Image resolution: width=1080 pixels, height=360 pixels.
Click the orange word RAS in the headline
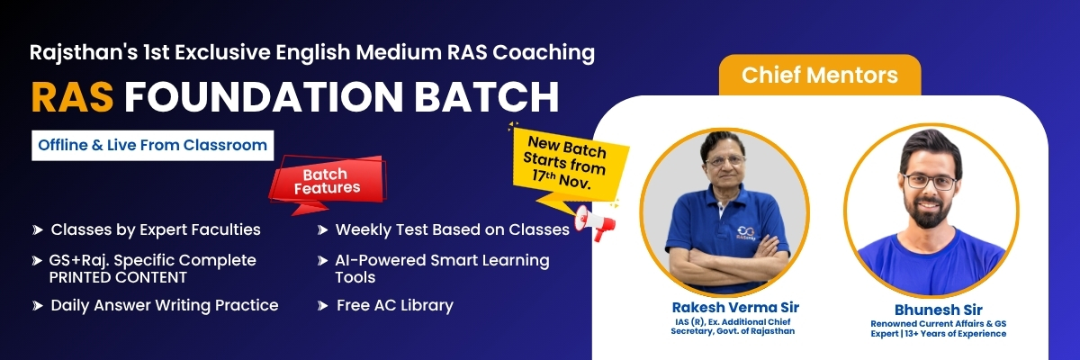coord(72,97)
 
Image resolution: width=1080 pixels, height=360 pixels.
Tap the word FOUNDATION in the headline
coord(264,97)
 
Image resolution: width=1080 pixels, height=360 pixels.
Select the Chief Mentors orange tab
coord(820,76)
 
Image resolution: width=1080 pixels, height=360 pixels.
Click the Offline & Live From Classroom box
coord(152,145)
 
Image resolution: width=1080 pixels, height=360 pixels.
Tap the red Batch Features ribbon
coord(328,182)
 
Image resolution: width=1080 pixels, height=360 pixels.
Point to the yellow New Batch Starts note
coord(568,164)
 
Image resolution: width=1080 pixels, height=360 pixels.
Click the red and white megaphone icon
coord(594,222)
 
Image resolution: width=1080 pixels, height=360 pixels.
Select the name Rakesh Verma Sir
coord(735,307)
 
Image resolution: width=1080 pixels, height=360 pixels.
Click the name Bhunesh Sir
coord(938,310)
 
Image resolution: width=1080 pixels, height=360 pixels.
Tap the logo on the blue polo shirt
coord(746,232)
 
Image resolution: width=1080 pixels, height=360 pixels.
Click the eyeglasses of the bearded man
coord(929,182)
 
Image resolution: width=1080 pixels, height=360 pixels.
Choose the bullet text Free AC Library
coord(395,305)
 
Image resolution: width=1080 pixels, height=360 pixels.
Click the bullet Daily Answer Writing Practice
coord(165,305)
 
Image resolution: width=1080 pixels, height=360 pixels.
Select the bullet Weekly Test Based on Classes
coord(452,229)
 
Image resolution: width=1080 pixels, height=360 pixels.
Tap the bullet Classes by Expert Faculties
coord(156,229)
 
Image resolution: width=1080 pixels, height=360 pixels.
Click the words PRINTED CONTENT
coord(118,277)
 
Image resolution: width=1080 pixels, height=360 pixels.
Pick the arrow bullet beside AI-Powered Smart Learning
coord(322,261)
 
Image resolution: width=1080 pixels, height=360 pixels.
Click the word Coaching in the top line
coord(544,53)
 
